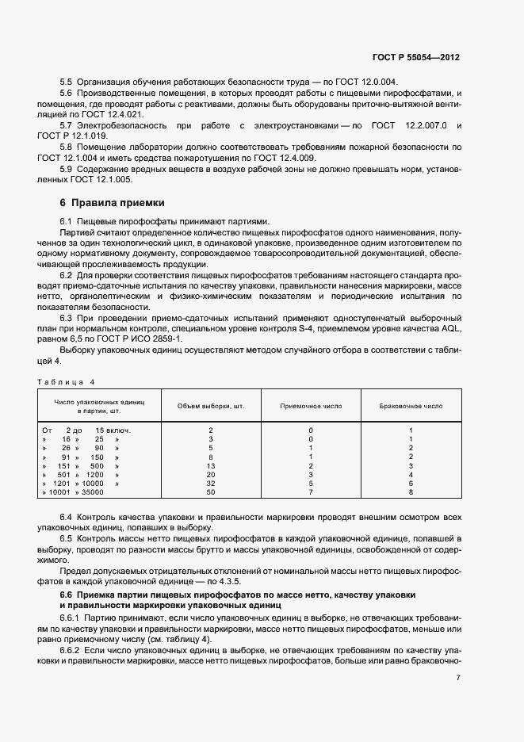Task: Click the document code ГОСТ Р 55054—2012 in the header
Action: coord(415,58)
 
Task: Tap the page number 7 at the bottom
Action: coord(458,677)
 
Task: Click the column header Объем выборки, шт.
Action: coord(210,405)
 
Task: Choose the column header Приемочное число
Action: coord(311,405)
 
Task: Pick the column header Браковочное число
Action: coord(411,405)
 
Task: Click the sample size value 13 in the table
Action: coord(210,466)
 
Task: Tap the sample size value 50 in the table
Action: coord(210,492)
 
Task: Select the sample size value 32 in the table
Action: coord(210,484)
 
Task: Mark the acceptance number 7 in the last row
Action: coord(311,492)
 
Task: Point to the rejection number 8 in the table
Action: coord(411,492)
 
